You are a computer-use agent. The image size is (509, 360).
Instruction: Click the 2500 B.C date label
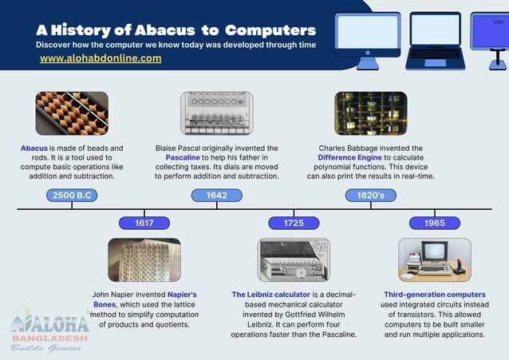pos(72,196)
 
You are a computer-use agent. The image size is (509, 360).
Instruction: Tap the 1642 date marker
pos(216,196)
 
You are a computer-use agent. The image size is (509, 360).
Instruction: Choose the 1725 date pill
pos(294,223)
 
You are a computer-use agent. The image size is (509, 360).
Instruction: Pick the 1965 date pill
pos(435,223)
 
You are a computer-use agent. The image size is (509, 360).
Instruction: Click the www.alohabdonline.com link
pos(101,58)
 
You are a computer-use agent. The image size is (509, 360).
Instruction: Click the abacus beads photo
pos(72,113)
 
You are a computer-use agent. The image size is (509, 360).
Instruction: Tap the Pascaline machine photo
pos(216,113)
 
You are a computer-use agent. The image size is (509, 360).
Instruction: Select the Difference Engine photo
pos(370,113)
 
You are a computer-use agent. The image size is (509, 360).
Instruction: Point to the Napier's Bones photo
pos(144,259)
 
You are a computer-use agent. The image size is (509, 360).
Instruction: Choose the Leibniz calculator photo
pos(294,259)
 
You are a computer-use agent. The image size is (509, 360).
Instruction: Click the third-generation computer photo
pos(435,259)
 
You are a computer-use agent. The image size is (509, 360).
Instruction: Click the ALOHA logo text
pos(50,325)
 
